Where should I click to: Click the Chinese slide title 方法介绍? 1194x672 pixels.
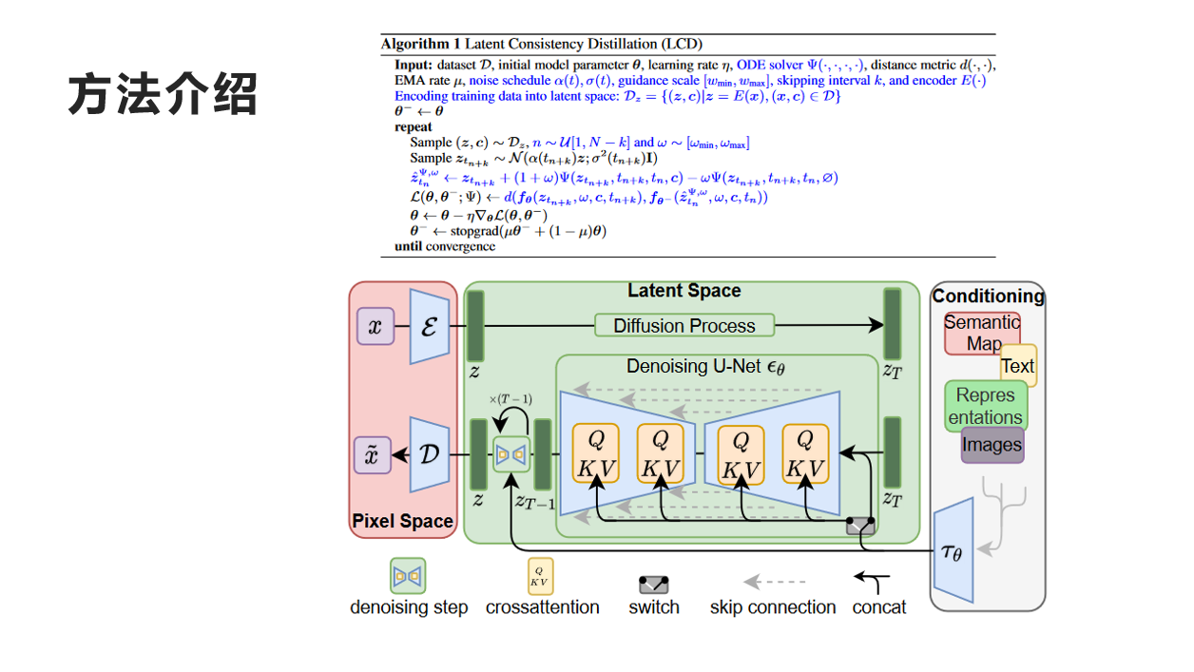[x=163, y=95]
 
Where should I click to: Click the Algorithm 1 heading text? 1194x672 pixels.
[x=541, y=44]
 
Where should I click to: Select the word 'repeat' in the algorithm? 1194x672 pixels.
[x=413, y=126]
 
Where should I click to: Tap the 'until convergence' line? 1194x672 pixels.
[x=445, y=246]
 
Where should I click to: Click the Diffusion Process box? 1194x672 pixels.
[x=684, y=326]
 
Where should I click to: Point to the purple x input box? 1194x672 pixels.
[x=375, y=326]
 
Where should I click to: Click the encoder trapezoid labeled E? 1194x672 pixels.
[x=429, y=327]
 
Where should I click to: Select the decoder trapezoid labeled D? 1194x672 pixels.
[x=429, y=454]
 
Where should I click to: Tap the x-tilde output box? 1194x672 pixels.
[x=373, y=455]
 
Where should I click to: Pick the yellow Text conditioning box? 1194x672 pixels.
[x=1018, y=366]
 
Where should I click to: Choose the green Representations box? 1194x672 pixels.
[x=986, y=406]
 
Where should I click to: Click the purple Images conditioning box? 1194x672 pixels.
[x=992, y=445]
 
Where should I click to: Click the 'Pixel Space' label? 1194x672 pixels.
[x=402, y=521]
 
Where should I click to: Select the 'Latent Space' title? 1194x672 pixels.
[x=684, y=291]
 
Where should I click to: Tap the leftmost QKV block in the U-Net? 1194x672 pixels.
[x=595, y=455]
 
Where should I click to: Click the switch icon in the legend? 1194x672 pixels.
[x=653, y=584]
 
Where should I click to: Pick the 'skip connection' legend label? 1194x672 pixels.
[x=772, y=607]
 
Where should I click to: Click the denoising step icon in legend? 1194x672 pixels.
[x=408, y=576]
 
